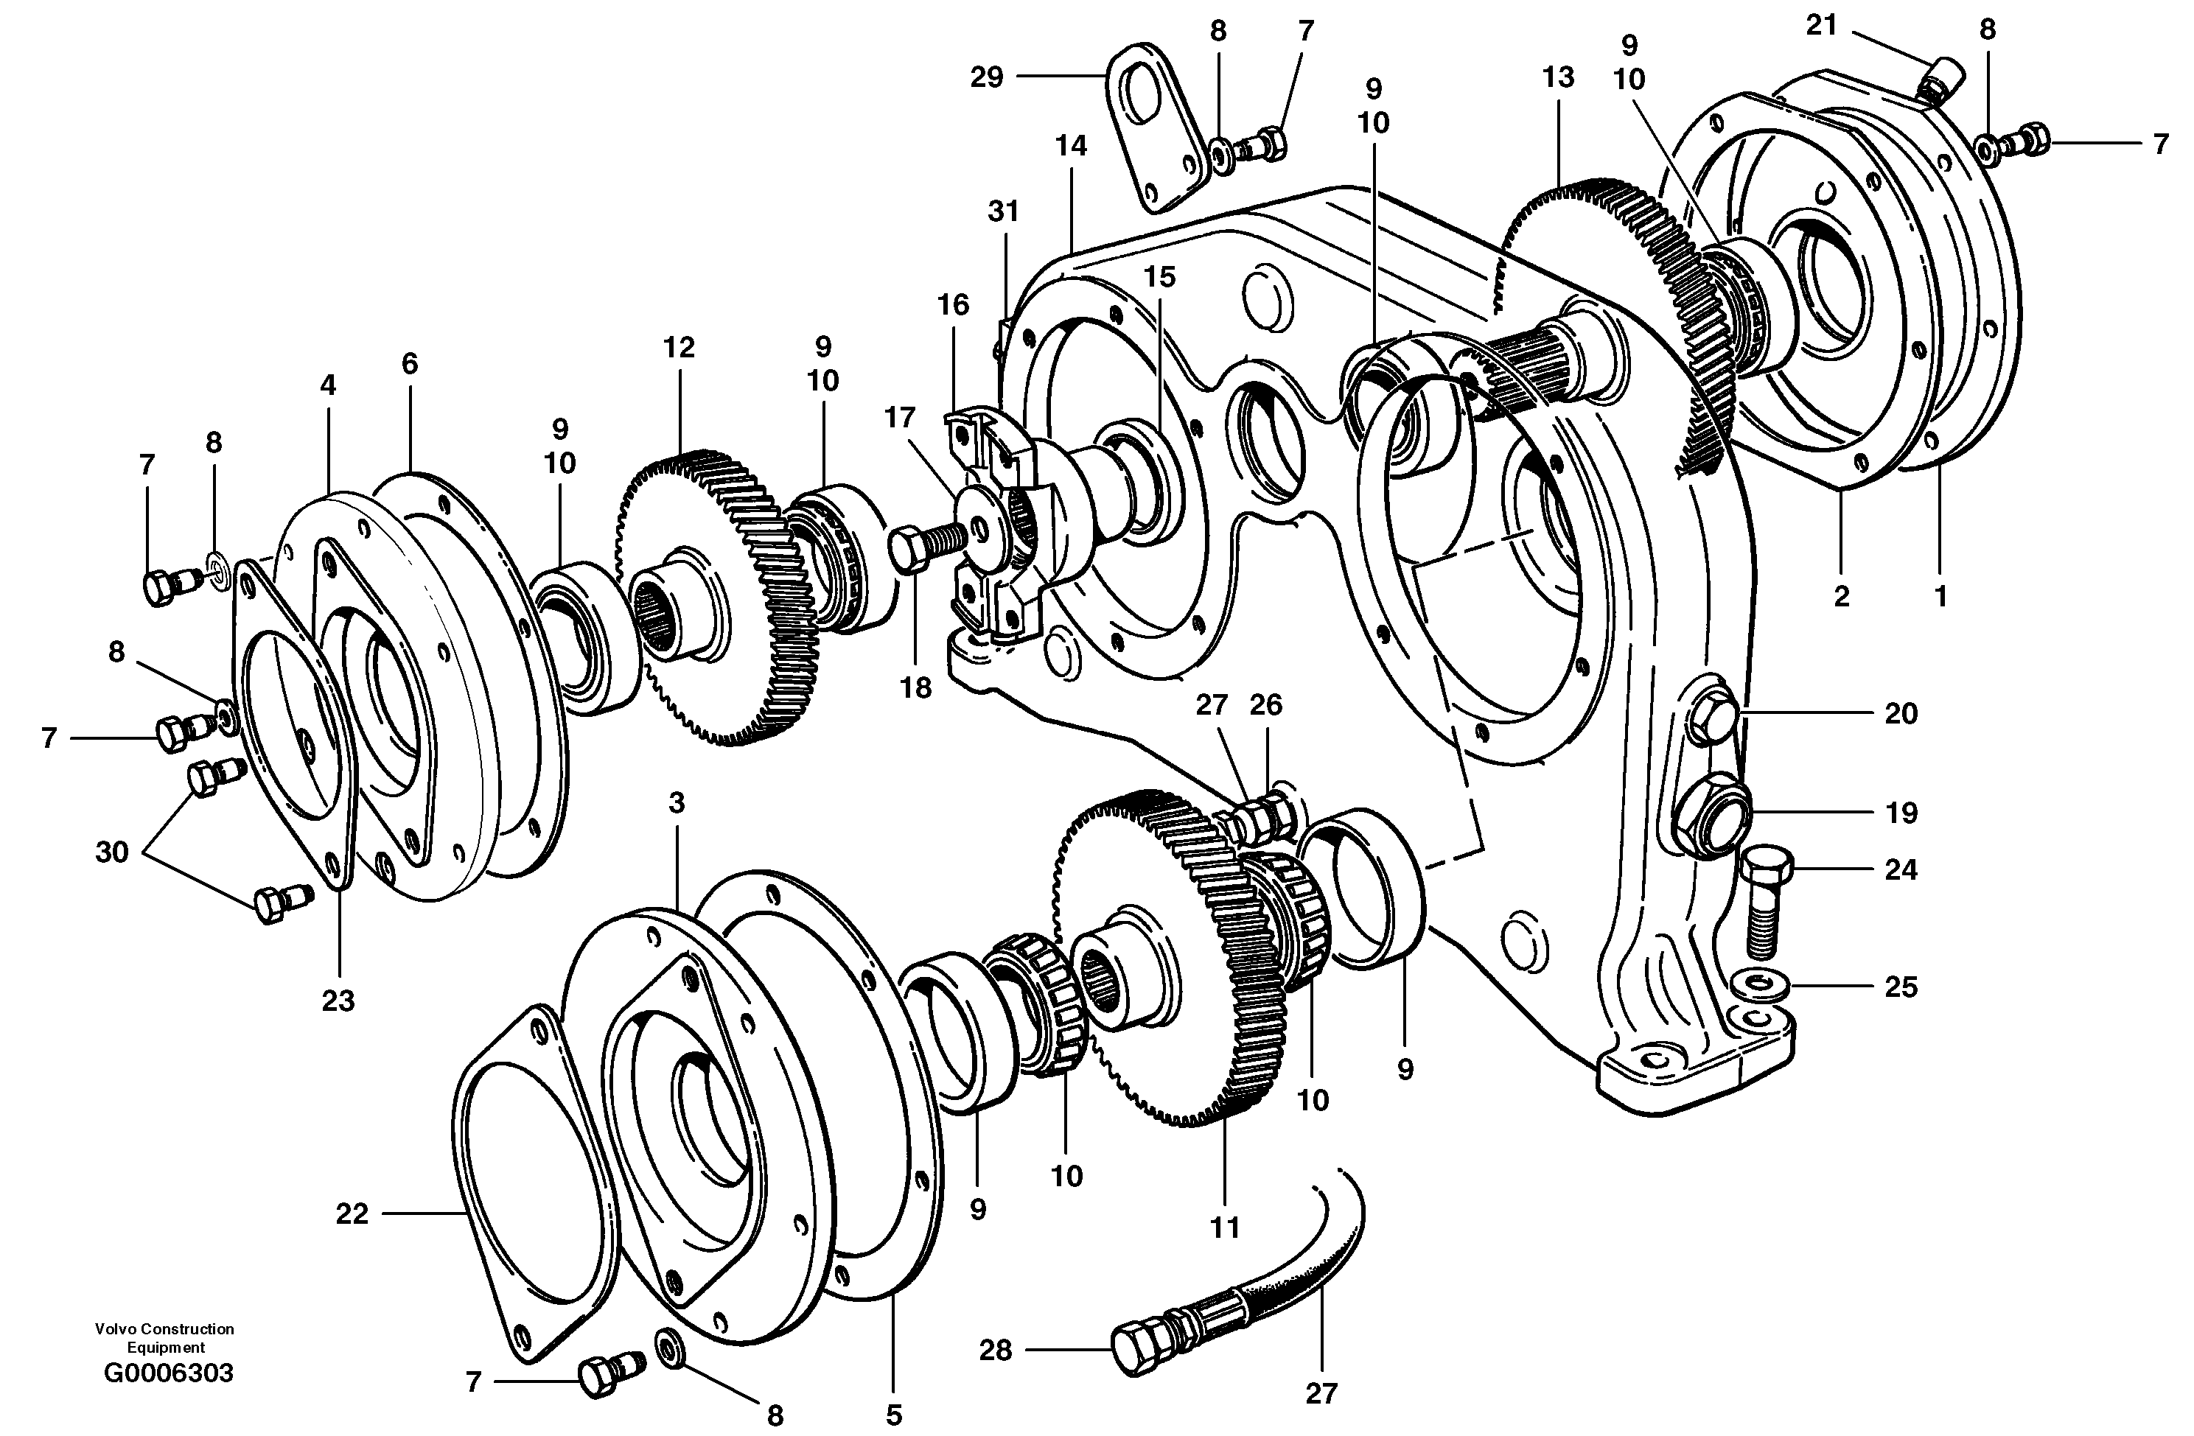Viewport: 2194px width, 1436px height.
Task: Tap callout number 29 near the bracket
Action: (986, 77)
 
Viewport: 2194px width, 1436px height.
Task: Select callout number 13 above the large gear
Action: (1558, 77)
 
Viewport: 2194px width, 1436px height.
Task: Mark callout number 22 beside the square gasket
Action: (352, 1214)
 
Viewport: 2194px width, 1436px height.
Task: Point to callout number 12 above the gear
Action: (679, 348)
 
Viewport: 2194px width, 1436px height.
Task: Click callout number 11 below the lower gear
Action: (1224, 1227)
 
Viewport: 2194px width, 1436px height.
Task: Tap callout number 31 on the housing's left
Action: (1003, 211)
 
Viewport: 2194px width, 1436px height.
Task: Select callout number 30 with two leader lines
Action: (111, 852)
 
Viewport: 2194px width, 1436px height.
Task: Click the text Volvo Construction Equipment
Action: (164, 1337)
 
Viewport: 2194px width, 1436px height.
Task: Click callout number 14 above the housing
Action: (1071, 146)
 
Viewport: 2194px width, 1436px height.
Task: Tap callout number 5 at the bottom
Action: (893, 1414)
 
